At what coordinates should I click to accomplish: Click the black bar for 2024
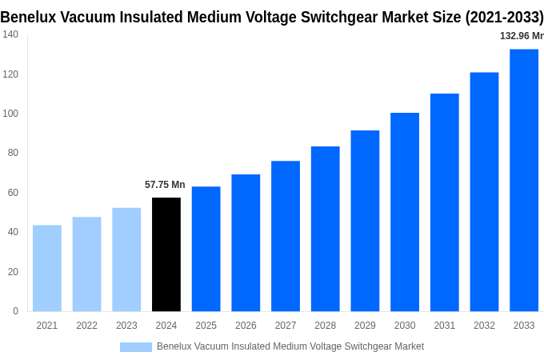[x=166, y=254]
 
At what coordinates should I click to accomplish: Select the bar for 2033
[x=524, y=180]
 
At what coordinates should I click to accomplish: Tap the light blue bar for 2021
[x=47, y=268]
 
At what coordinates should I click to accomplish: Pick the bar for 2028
[x=326, y=229]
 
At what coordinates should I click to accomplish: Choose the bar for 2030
[x=405, y=212]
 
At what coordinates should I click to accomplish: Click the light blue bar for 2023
[x=126, y=259]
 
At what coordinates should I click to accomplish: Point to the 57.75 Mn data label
[x=165, y=185]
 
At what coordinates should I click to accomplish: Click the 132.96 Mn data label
[x=522, y=36]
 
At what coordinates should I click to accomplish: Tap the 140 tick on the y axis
[x=10, y=34]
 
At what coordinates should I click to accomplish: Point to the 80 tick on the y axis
[x=13, y=153]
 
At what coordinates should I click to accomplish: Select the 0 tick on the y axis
[x=15, y=311]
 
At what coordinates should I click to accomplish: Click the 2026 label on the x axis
[x=246, y=326]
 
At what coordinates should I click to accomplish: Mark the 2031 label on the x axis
[x=445, y=326]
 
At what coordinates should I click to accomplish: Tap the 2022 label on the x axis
[x=86, y=326]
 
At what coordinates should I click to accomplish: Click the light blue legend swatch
[x=135, y=346]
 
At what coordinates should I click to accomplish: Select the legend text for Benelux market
[x=290, y=346]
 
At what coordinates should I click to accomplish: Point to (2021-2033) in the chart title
[x=504, y=17]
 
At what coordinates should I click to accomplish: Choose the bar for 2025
[x=206, y=249]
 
